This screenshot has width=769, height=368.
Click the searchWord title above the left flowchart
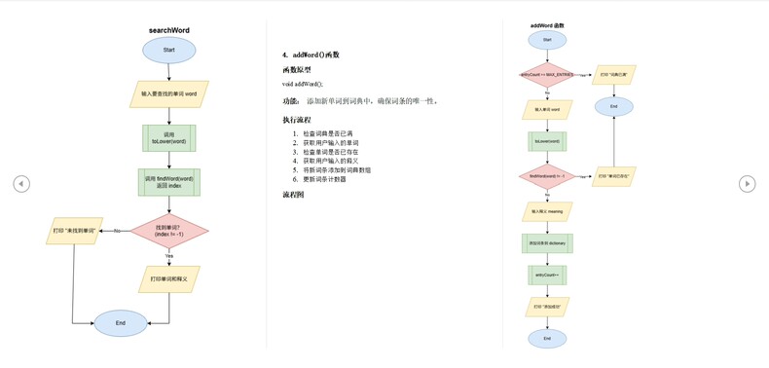point(169,30)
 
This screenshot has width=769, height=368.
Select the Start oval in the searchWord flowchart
point(169,50)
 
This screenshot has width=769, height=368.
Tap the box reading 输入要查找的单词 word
point(169,93)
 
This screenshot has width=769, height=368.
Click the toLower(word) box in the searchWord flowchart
point(169,137)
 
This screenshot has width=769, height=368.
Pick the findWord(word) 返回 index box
point(169,182)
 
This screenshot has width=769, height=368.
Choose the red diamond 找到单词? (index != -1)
point(169,231)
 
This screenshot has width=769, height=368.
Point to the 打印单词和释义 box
point(169,279)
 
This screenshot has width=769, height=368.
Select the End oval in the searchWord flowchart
point(121,322)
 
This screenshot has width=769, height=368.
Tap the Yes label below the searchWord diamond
point(169,256)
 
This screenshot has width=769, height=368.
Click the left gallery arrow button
point(21,183)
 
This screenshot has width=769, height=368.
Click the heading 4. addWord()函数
point(311,55)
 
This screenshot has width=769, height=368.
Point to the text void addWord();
point(303,85)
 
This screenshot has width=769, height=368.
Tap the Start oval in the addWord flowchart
point(547,40)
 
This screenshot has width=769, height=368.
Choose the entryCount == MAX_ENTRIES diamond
point(547,74)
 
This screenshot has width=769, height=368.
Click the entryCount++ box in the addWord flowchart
point(547,276)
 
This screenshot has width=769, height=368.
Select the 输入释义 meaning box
point(547,211)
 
